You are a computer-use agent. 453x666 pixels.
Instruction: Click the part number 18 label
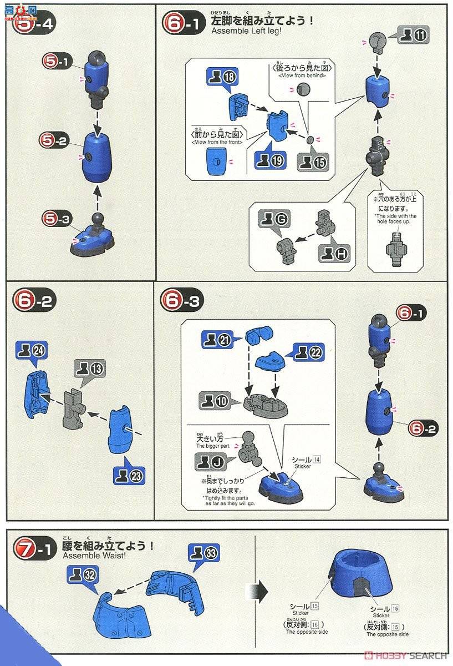tap(220, 77)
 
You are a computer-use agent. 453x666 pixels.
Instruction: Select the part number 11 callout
tap(413, 37)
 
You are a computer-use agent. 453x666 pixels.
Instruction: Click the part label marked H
tap(334, 255)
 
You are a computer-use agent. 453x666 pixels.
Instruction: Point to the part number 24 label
tap(32, 351)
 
